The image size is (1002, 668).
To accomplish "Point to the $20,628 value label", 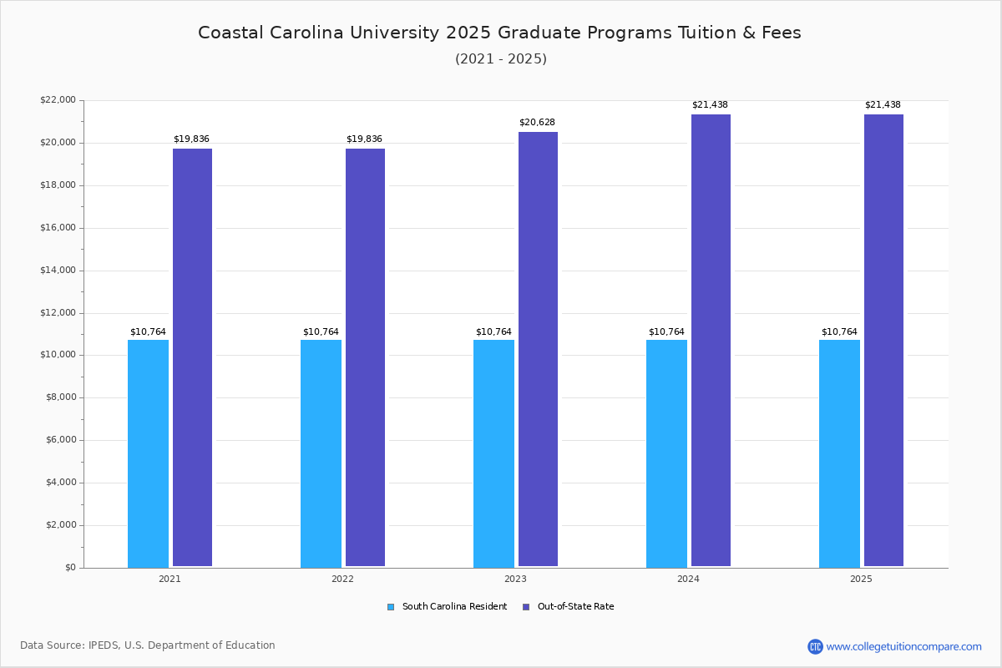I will tap(537, 123).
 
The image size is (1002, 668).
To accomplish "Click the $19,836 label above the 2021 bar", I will tap(191, 139).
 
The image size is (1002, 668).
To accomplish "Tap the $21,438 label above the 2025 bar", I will tap(883, 105).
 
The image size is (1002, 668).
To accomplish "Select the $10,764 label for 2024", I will tap(666, 332).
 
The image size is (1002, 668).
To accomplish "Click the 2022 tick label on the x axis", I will tap(342, 579).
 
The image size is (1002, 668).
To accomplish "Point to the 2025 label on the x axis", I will tap(861, 579).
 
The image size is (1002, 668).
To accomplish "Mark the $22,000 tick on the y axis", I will tap(58, 100).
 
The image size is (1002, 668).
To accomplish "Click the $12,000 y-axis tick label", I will tap(58, 313).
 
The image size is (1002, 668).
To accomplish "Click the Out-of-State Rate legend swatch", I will tap(526, 607).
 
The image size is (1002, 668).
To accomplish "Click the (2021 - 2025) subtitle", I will tap(500, 59).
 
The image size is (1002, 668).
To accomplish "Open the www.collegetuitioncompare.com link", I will tap(903, 646).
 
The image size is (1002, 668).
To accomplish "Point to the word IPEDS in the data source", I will tap(104, 645).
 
